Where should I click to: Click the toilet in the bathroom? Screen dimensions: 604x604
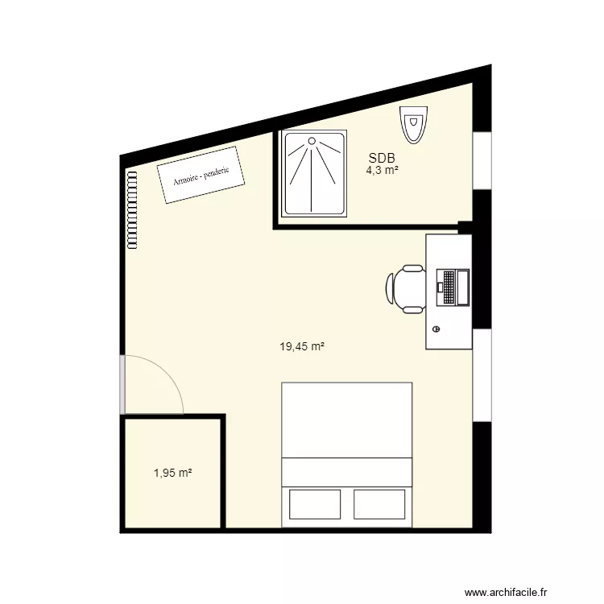[413, 126]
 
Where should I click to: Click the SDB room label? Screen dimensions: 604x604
[382, 159]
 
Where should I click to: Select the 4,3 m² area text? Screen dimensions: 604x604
[382, 171]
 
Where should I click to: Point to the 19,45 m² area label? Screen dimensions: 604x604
[302, 347]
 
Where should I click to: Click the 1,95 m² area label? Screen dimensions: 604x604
[172, 474]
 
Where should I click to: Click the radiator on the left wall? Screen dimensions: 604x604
[130, 209]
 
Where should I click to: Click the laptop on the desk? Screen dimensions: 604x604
[453, 287]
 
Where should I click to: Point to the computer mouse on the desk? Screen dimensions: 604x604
[436, 329]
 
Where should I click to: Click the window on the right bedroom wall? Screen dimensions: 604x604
[482, 374]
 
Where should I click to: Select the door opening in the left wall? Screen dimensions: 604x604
[122, 384]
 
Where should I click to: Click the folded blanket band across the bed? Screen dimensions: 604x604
[346, 473]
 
